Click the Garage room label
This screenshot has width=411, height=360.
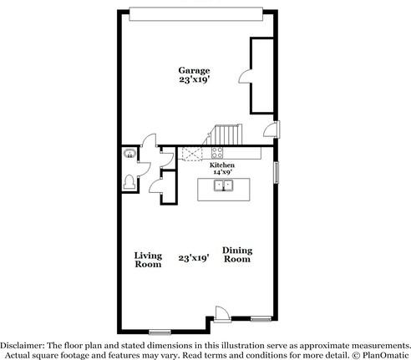pos(194,70)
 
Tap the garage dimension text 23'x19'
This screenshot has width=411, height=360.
pos(194,81)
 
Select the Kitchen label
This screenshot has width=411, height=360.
pos(222,165)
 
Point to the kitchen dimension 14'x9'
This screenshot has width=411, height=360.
pos(222,173)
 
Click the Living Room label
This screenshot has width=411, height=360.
pos(149,259)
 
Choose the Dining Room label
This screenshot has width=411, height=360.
pos(237,254)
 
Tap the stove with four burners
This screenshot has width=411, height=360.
pos(216,153)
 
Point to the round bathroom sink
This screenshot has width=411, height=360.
pos(129,153)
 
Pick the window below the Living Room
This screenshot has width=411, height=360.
pos(160,332)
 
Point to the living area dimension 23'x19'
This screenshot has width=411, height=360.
pos(193,259)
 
